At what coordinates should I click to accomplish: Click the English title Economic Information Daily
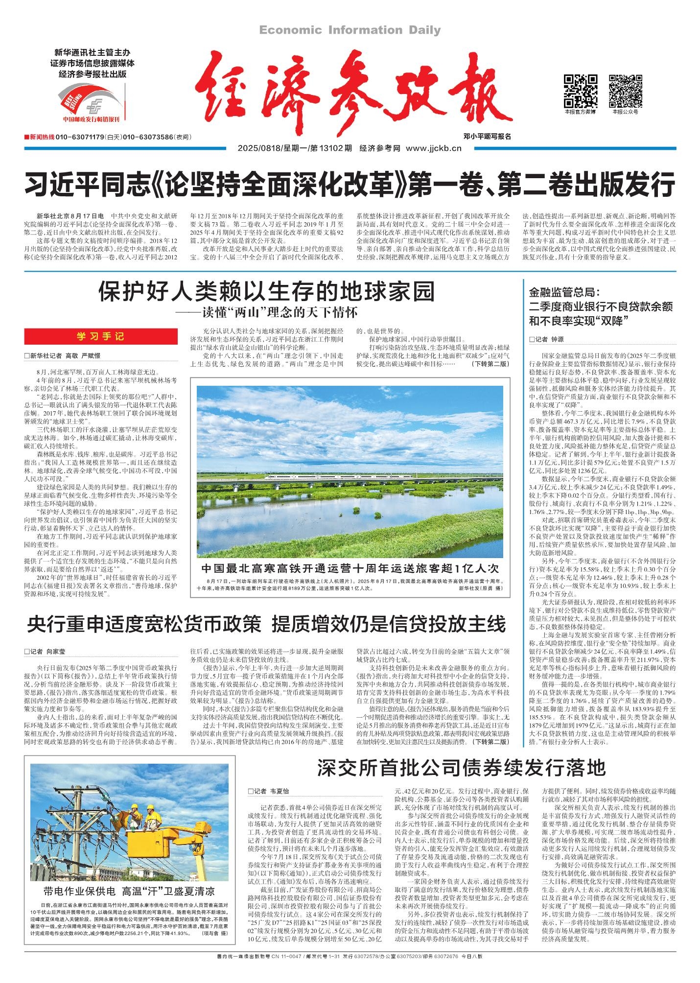[x=350, y=30]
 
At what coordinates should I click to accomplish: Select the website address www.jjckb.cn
[x=433, y=149]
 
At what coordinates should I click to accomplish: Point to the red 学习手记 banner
[x=100, y=336]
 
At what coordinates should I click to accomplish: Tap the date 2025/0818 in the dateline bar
[x=259, y=149]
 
